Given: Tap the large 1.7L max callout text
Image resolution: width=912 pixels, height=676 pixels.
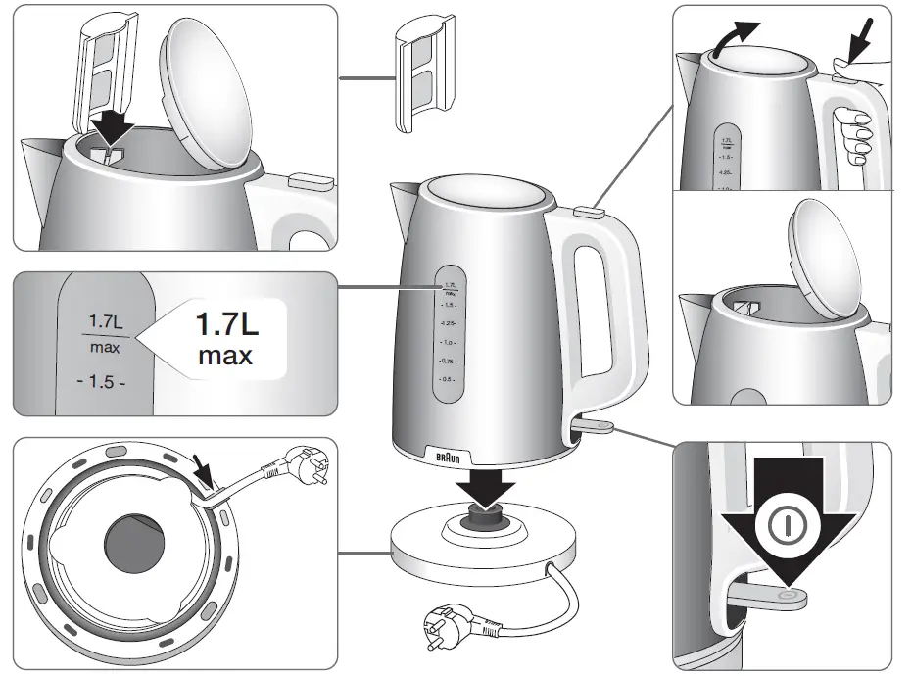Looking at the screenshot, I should click(x=223, y=337).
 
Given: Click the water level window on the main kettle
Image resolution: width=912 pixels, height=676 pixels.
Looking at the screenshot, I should click(x=449, y=333).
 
